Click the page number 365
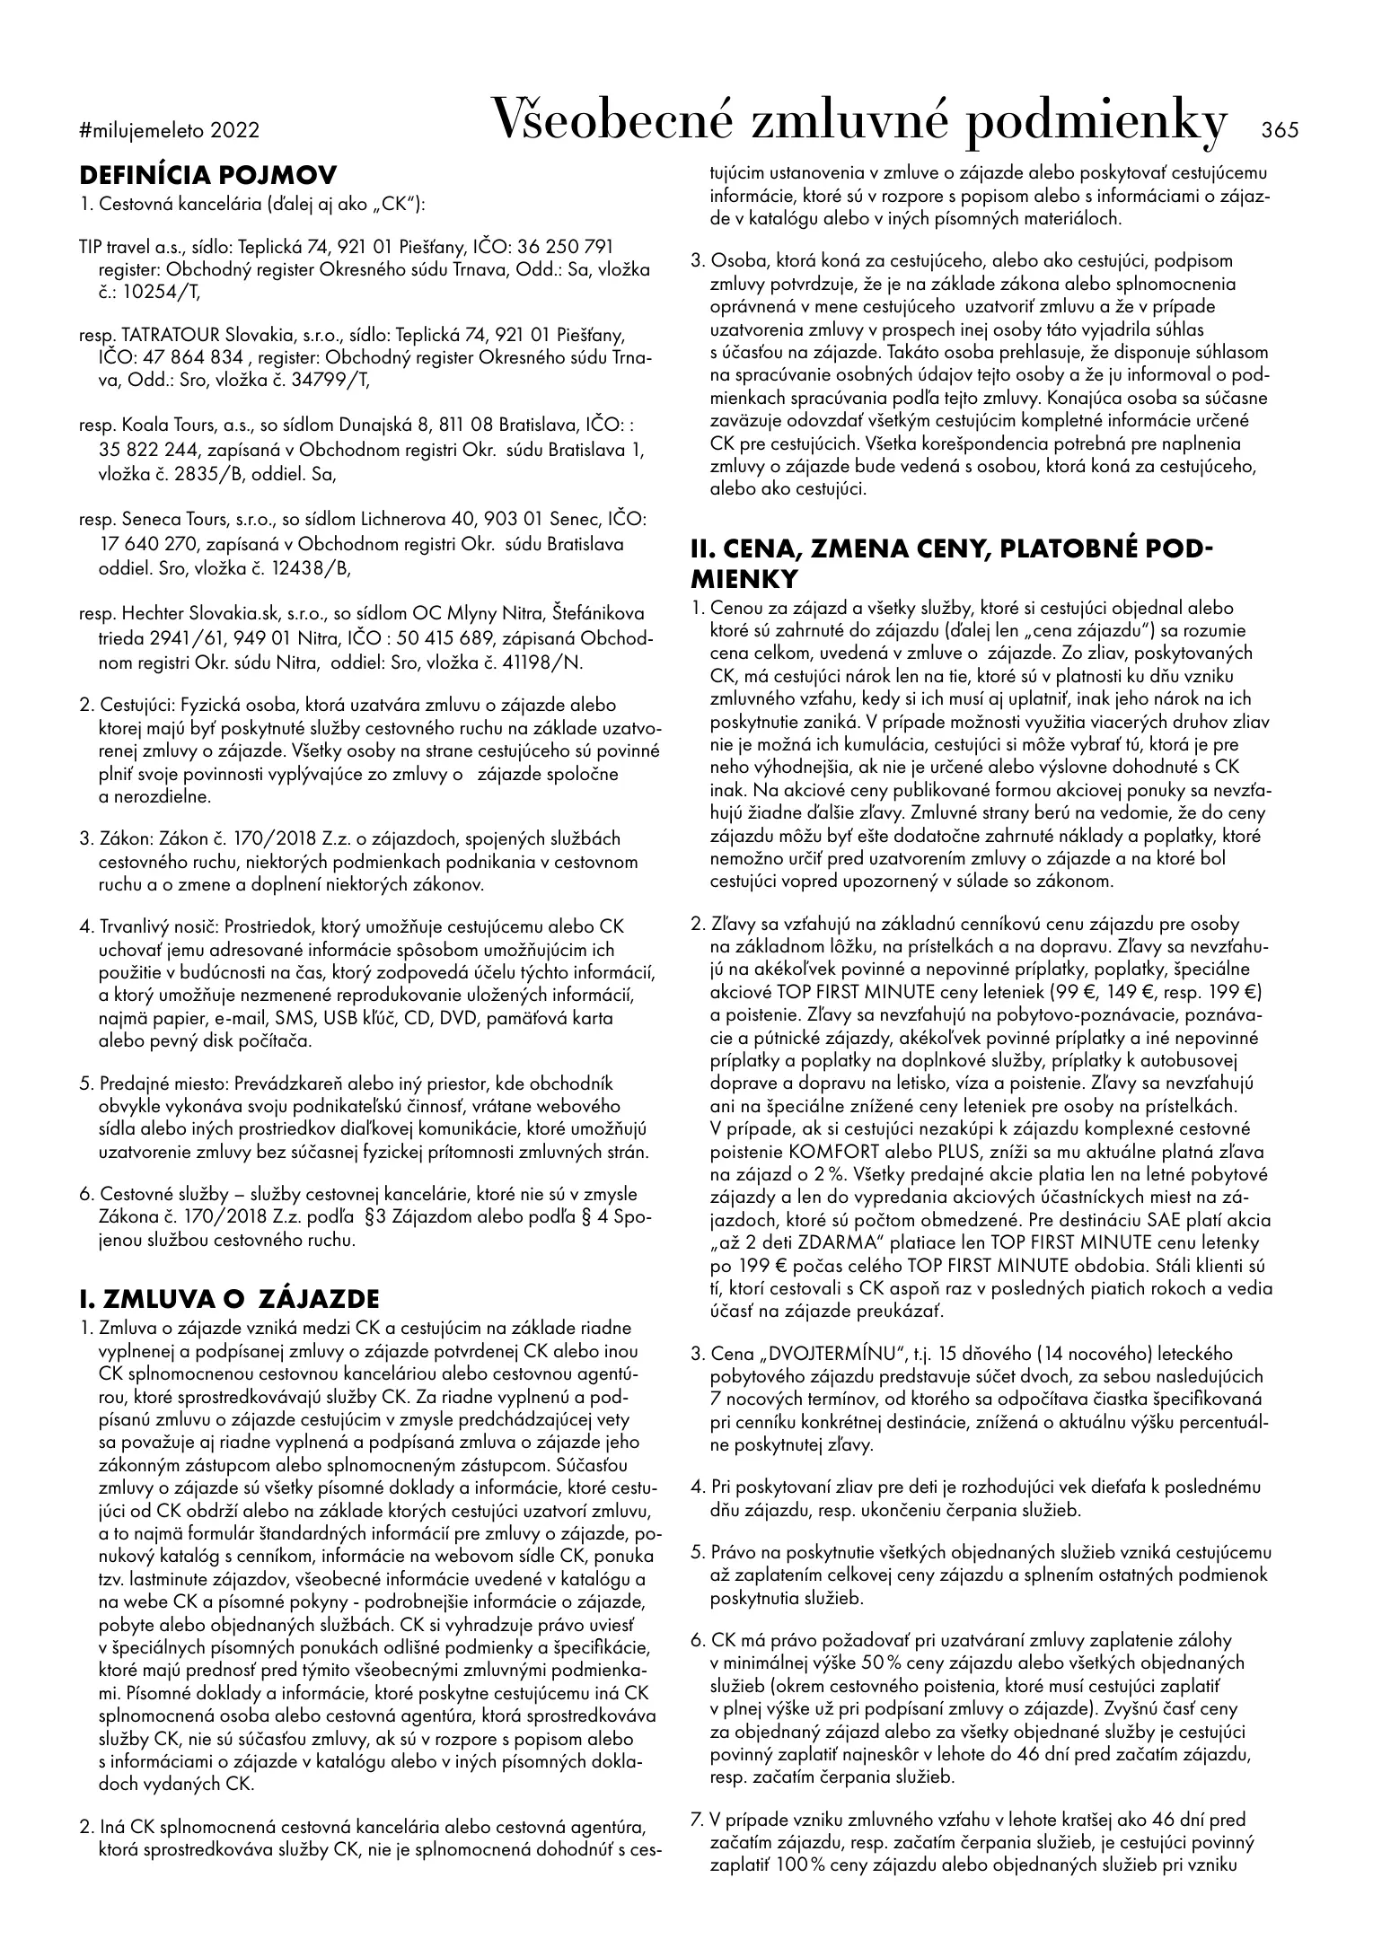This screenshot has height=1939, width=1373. [x=1280, y=130]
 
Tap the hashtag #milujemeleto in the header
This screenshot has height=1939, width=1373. [x=143, y=131]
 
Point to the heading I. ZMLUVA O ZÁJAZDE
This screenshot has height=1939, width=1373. [x=230, y=1299]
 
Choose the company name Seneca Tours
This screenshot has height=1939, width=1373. [x=163, y=521]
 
